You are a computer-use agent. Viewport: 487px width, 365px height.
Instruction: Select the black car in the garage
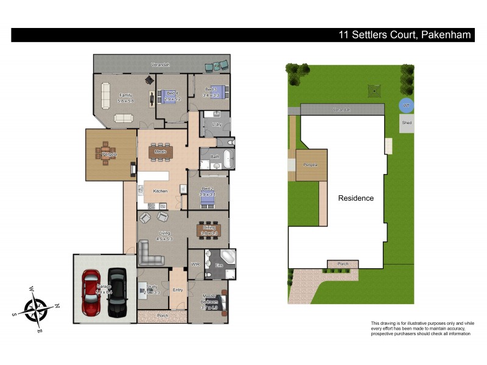coord(118,293)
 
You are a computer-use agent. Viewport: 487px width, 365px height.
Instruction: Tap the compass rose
coord(36,309)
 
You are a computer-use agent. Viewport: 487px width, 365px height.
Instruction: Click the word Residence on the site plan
coord(356,198)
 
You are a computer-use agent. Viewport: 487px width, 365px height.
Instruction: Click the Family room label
coord(125,95)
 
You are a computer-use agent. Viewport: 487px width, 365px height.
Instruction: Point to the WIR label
coord(195,265)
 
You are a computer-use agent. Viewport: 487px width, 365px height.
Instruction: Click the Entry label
coord(178,290)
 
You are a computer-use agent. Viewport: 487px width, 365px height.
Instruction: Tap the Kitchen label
coord(160,192)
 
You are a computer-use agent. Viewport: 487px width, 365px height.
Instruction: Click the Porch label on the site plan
coord(338,264)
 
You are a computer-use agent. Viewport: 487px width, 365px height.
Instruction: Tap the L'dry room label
coord(215,124)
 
